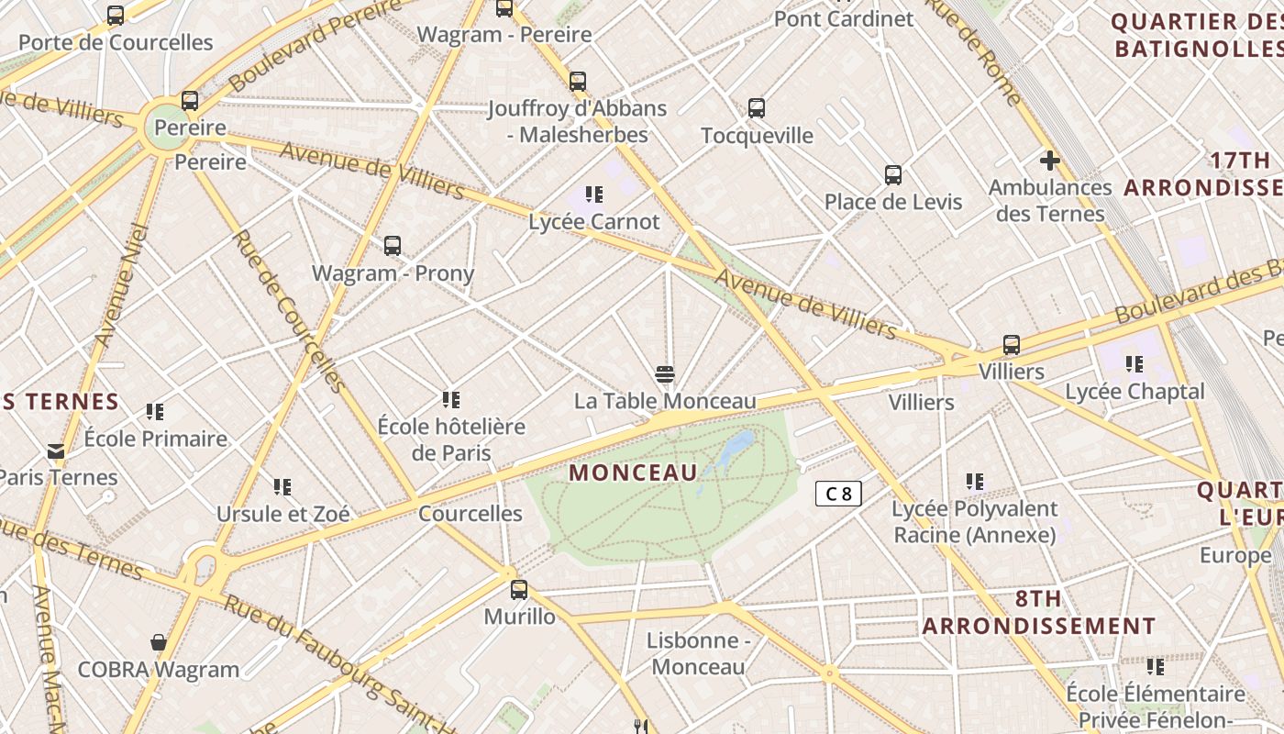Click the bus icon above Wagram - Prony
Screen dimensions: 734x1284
point(393,245)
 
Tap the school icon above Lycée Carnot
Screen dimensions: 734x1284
point(594,195)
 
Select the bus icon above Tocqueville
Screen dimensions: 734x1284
point(757,108)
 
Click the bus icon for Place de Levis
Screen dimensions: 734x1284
point(893,174)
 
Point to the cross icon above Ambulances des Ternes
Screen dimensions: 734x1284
point(1050,161)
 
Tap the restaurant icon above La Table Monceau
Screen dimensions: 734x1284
point(665,373)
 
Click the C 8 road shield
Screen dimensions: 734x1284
point(838,494)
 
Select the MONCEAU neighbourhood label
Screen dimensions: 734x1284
point(633,473)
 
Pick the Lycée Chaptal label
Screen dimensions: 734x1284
point(1135,392)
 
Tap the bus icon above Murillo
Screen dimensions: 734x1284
point(519,589)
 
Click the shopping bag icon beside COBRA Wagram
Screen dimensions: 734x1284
point(159,641)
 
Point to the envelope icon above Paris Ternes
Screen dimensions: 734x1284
point(56,450)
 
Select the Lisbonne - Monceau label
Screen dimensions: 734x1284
point(699,653)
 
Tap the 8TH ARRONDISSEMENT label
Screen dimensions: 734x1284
point(1039,613)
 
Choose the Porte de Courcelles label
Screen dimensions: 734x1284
point(116,42)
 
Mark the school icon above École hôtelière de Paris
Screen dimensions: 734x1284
point(451,399)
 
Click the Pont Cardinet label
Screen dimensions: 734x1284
point(844,18)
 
